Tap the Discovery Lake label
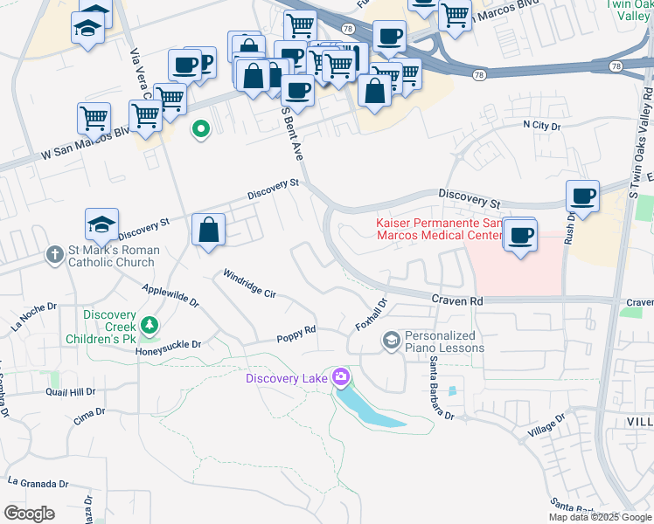point(286,378)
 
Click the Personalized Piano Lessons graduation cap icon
point(393,341)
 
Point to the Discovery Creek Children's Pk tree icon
point(150,326)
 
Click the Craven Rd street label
point(456,300)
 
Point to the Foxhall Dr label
point(371,315)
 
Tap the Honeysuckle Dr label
point(168,344)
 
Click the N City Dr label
point(541,126)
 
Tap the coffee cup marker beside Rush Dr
point(582,196)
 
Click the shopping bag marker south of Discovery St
point(210,231)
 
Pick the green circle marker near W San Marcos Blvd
point(201,131)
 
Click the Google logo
point(29,514)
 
